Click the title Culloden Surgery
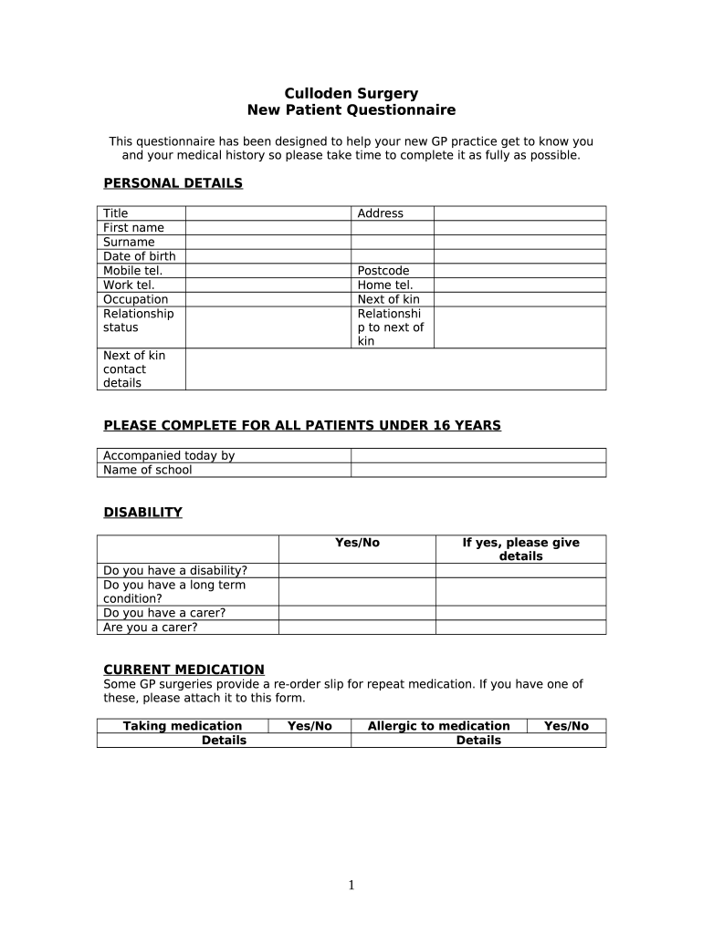(351, 93)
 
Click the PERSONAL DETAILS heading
(173, 183)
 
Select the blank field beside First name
(268, 228)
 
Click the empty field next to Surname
(268, 242)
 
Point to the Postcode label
(383, 271)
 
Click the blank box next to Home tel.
(519, 285)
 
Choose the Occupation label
(135, 299)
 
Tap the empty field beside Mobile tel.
(268, 271)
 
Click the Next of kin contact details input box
(395, 368)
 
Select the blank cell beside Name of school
(477, 470)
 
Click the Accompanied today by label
(169, 456)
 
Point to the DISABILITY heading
(142, 513)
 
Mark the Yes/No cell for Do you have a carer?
(356, 613)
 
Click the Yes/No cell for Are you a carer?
(356, 627)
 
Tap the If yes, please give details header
(520, 549)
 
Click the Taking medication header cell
(183, 726)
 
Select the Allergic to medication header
(438, 726)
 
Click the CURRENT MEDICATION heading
(184, 669)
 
